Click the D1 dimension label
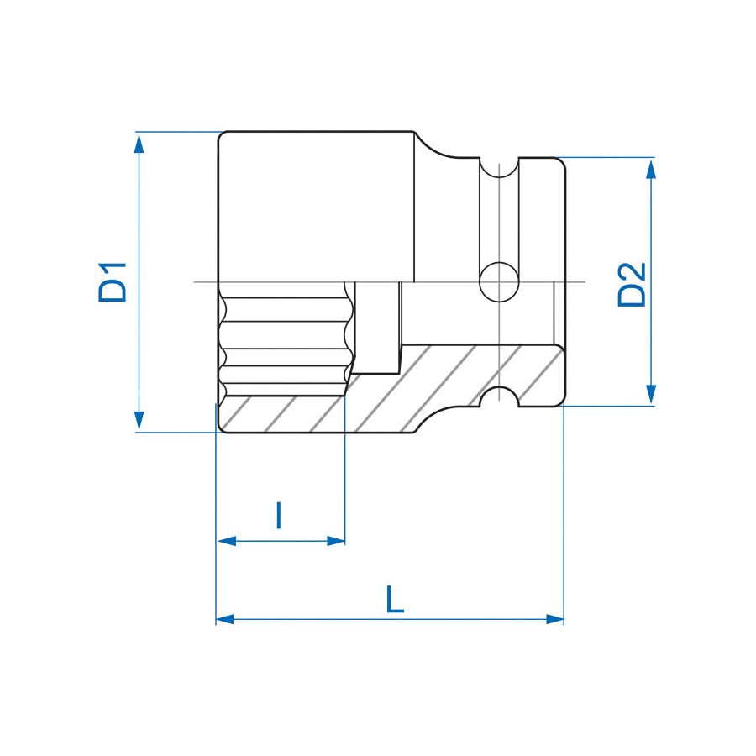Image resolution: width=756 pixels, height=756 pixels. pos(112,282)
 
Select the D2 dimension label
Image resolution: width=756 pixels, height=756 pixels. pos(632,284)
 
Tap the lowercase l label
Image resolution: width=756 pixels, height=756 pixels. pos(279,515)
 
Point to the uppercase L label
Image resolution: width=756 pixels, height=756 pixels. pos(395,600)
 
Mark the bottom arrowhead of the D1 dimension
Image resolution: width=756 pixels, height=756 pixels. pos(140,423)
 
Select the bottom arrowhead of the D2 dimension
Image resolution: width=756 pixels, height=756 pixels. pos(650,396)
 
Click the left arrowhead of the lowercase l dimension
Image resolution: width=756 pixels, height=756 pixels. pos(225,541)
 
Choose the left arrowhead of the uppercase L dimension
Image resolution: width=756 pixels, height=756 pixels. pos(224,619)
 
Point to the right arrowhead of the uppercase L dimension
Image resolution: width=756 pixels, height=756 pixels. pos(554,619)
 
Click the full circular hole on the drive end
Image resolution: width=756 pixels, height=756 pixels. pos(500,281)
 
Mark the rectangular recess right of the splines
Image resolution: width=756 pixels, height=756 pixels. pos(376,328)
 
